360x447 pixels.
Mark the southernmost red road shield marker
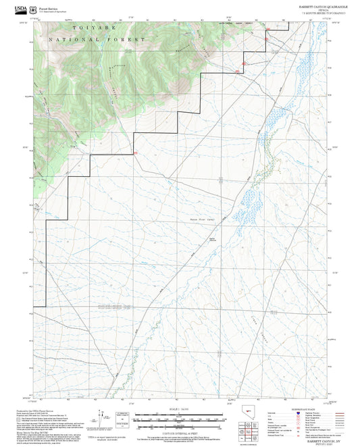(136, 154)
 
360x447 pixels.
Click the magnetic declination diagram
(101, 419)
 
